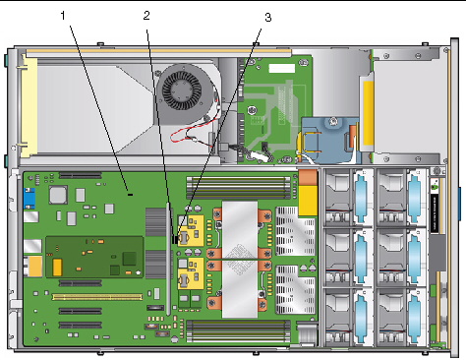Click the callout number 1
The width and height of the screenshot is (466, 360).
(63, 15)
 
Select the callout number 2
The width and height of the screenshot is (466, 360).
(146, 16)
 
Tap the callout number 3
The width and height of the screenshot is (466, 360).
(268, 18)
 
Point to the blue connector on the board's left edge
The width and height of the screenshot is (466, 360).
(29, 199)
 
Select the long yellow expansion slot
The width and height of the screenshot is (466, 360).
(97, 297)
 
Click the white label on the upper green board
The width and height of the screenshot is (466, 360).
(282, 68)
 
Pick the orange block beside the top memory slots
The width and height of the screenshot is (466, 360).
(308, 178)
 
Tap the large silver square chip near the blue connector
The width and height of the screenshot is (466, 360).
(58, 195)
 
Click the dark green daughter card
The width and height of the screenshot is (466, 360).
(94, 257)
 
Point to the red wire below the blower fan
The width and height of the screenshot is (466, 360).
(190, 133)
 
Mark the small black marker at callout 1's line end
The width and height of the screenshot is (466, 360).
(131, 195)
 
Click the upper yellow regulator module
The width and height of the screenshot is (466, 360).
(191, 231)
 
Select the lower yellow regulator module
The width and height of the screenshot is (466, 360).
(191, 273)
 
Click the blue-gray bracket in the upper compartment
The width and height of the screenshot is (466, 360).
(327, 141)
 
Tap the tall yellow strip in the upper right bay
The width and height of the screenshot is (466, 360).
(369, 113)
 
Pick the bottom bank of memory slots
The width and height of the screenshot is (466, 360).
(238, 330)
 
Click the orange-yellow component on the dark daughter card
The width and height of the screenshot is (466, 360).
(57, 268)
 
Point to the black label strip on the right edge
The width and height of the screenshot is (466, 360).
(434, 213)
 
